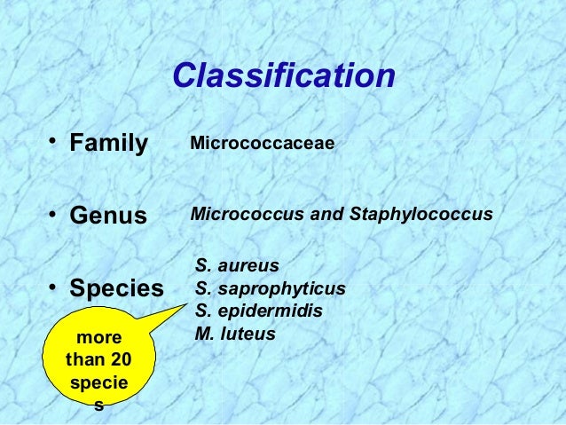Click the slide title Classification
(x=283, y=76)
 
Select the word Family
(x=108, y=143)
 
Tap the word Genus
(x=108, y=216)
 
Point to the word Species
(x=116, y=289)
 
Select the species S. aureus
(x=237, y=265)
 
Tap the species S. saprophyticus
(x=270, y=288)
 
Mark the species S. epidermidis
(x=259, y=311)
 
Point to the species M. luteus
(x=235, y=334)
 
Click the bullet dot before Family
(x=55, y=142)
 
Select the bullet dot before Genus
(x=55, y=215)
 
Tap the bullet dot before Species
(x=55, y=287)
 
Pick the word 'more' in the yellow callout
(x=98, y=338)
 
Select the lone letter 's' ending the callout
(x=98, y=407)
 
